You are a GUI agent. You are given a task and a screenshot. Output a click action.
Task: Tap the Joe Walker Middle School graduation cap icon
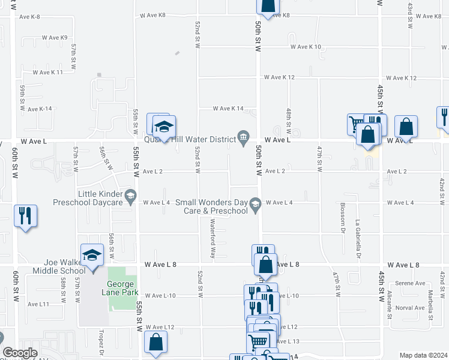coord(92,256)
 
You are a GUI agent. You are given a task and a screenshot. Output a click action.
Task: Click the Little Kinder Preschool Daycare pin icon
coord(130,195)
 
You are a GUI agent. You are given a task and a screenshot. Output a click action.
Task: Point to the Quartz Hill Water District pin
coord(243,139)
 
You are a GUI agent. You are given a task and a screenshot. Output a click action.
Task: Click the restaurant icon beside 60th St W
coord(25,217)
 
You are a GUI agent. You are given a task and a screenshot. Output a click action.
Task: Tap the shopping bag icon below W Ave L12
coord(156,343)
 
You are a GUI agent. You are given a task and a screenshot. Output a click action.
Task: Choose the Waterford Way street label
coord(212,238)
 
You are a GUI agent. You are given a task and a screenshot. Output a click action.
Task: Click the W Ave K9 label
coord(55,37)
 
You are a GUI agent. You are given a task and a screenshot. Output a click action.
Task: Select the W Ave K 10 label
coord(306,47)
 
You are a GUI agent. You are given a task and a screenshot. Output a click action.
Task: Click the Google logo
coord(20,353)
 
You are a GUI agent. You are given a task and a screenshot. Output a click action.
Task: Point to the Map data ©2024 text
coord(423,355)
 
